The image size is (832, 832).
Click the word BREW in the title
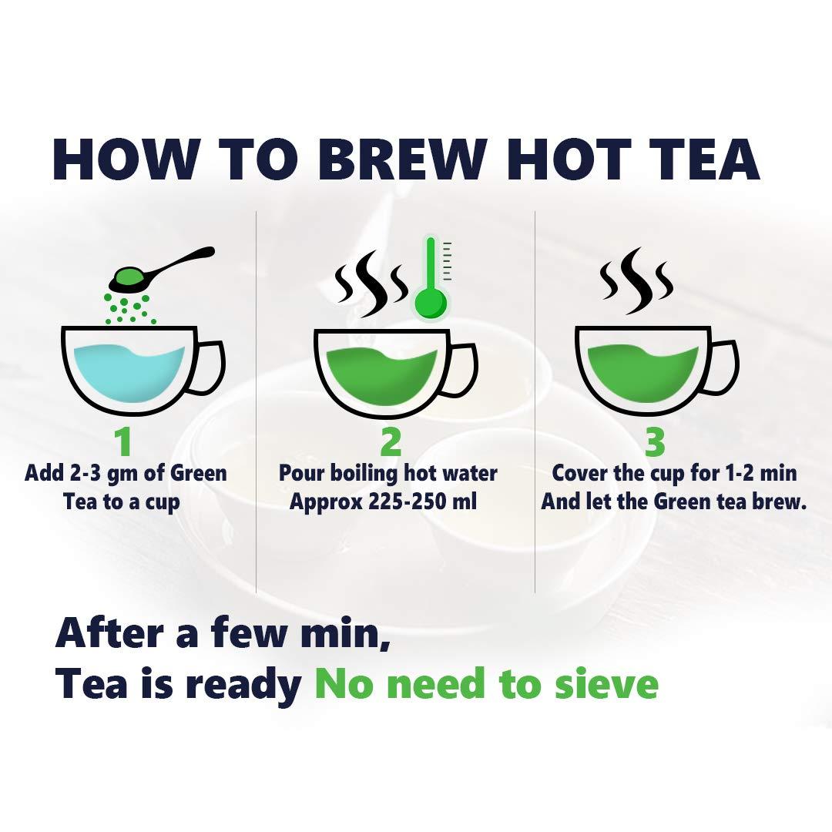click(x=402, y=159)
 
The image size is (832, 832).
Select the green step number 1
click(x=123, y=441)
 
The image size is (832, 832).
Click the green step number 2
click(x=391, y=441)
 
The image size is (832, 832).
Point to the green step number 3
click(x=655, y=441)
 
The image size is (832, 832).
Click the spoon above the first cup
click(x=161, y=270)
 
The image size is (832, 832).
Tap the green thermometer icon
click(x=431, y=279)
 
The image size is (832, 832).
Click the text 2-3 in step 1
click(x=85, y=473)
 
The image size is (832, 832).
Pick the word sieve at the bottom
click(x=607, y=684)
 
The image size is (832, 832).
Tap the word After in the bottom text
click(x=109, y=632)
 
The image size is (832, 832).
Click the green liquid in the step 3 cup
click(x=642, y=371)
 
